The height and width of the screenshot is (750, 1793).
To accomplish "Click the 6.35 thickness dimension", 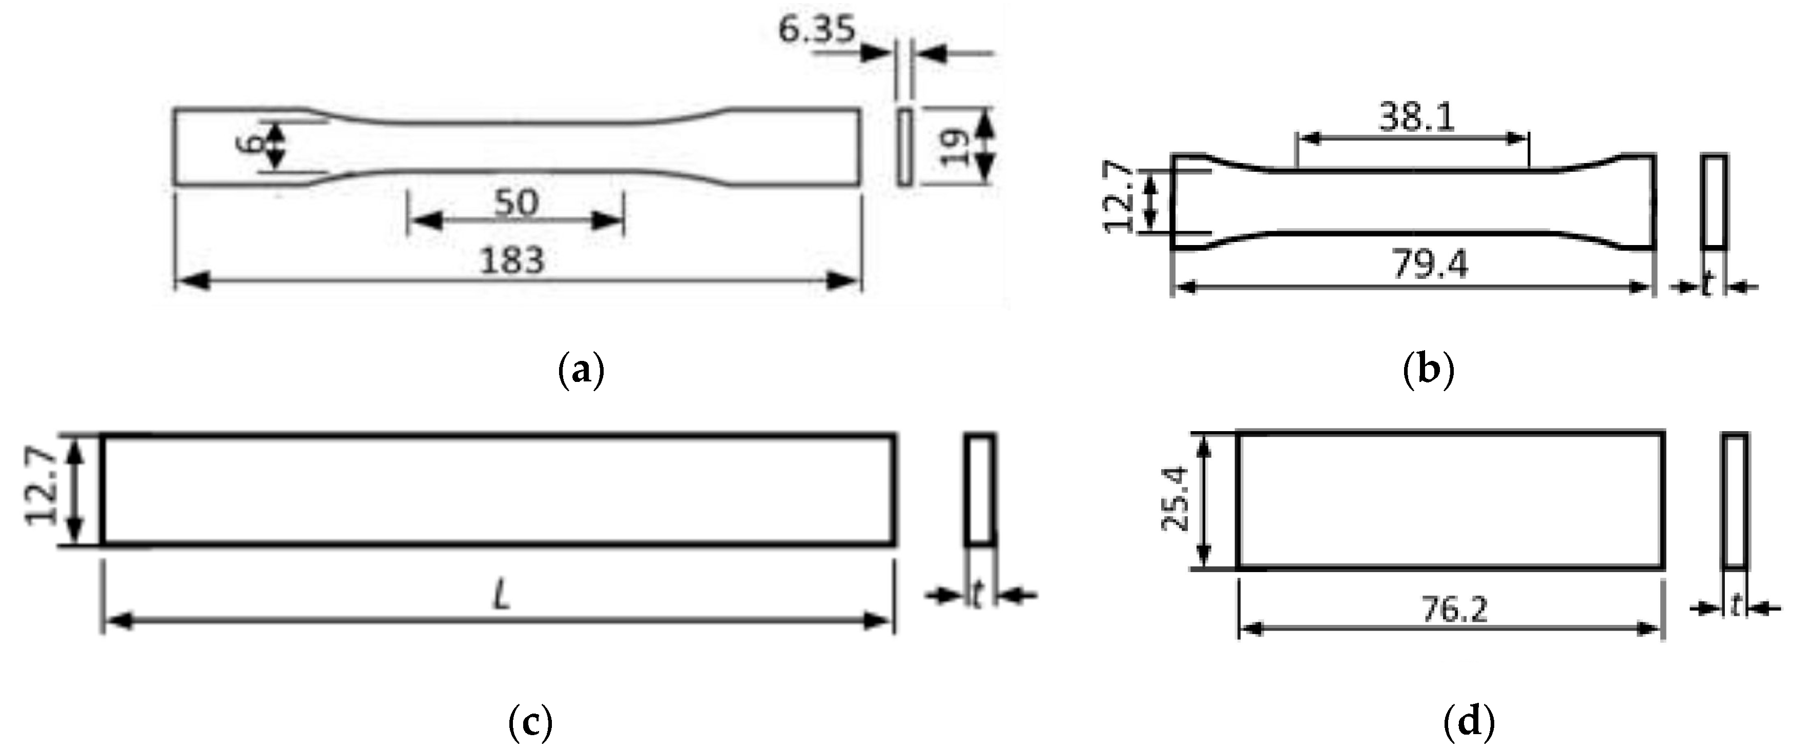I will point(816,30).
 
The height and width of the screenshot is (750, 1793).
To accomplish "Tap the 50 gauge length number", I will point(516,204).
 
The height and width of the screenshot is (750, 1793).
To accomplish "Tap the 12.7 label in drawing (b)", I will point(1119,196).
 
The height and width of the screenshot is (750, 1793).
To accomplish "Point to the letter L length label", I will point(501,597).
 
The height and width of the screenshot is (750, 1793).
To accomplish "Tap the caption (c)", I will point(530,723).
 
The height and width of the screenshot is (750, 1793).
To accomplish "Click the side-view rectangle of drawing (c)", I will point(980,489).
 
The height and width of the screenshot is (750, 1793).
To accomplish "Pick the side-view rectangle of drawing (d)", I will point(1735,500).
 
